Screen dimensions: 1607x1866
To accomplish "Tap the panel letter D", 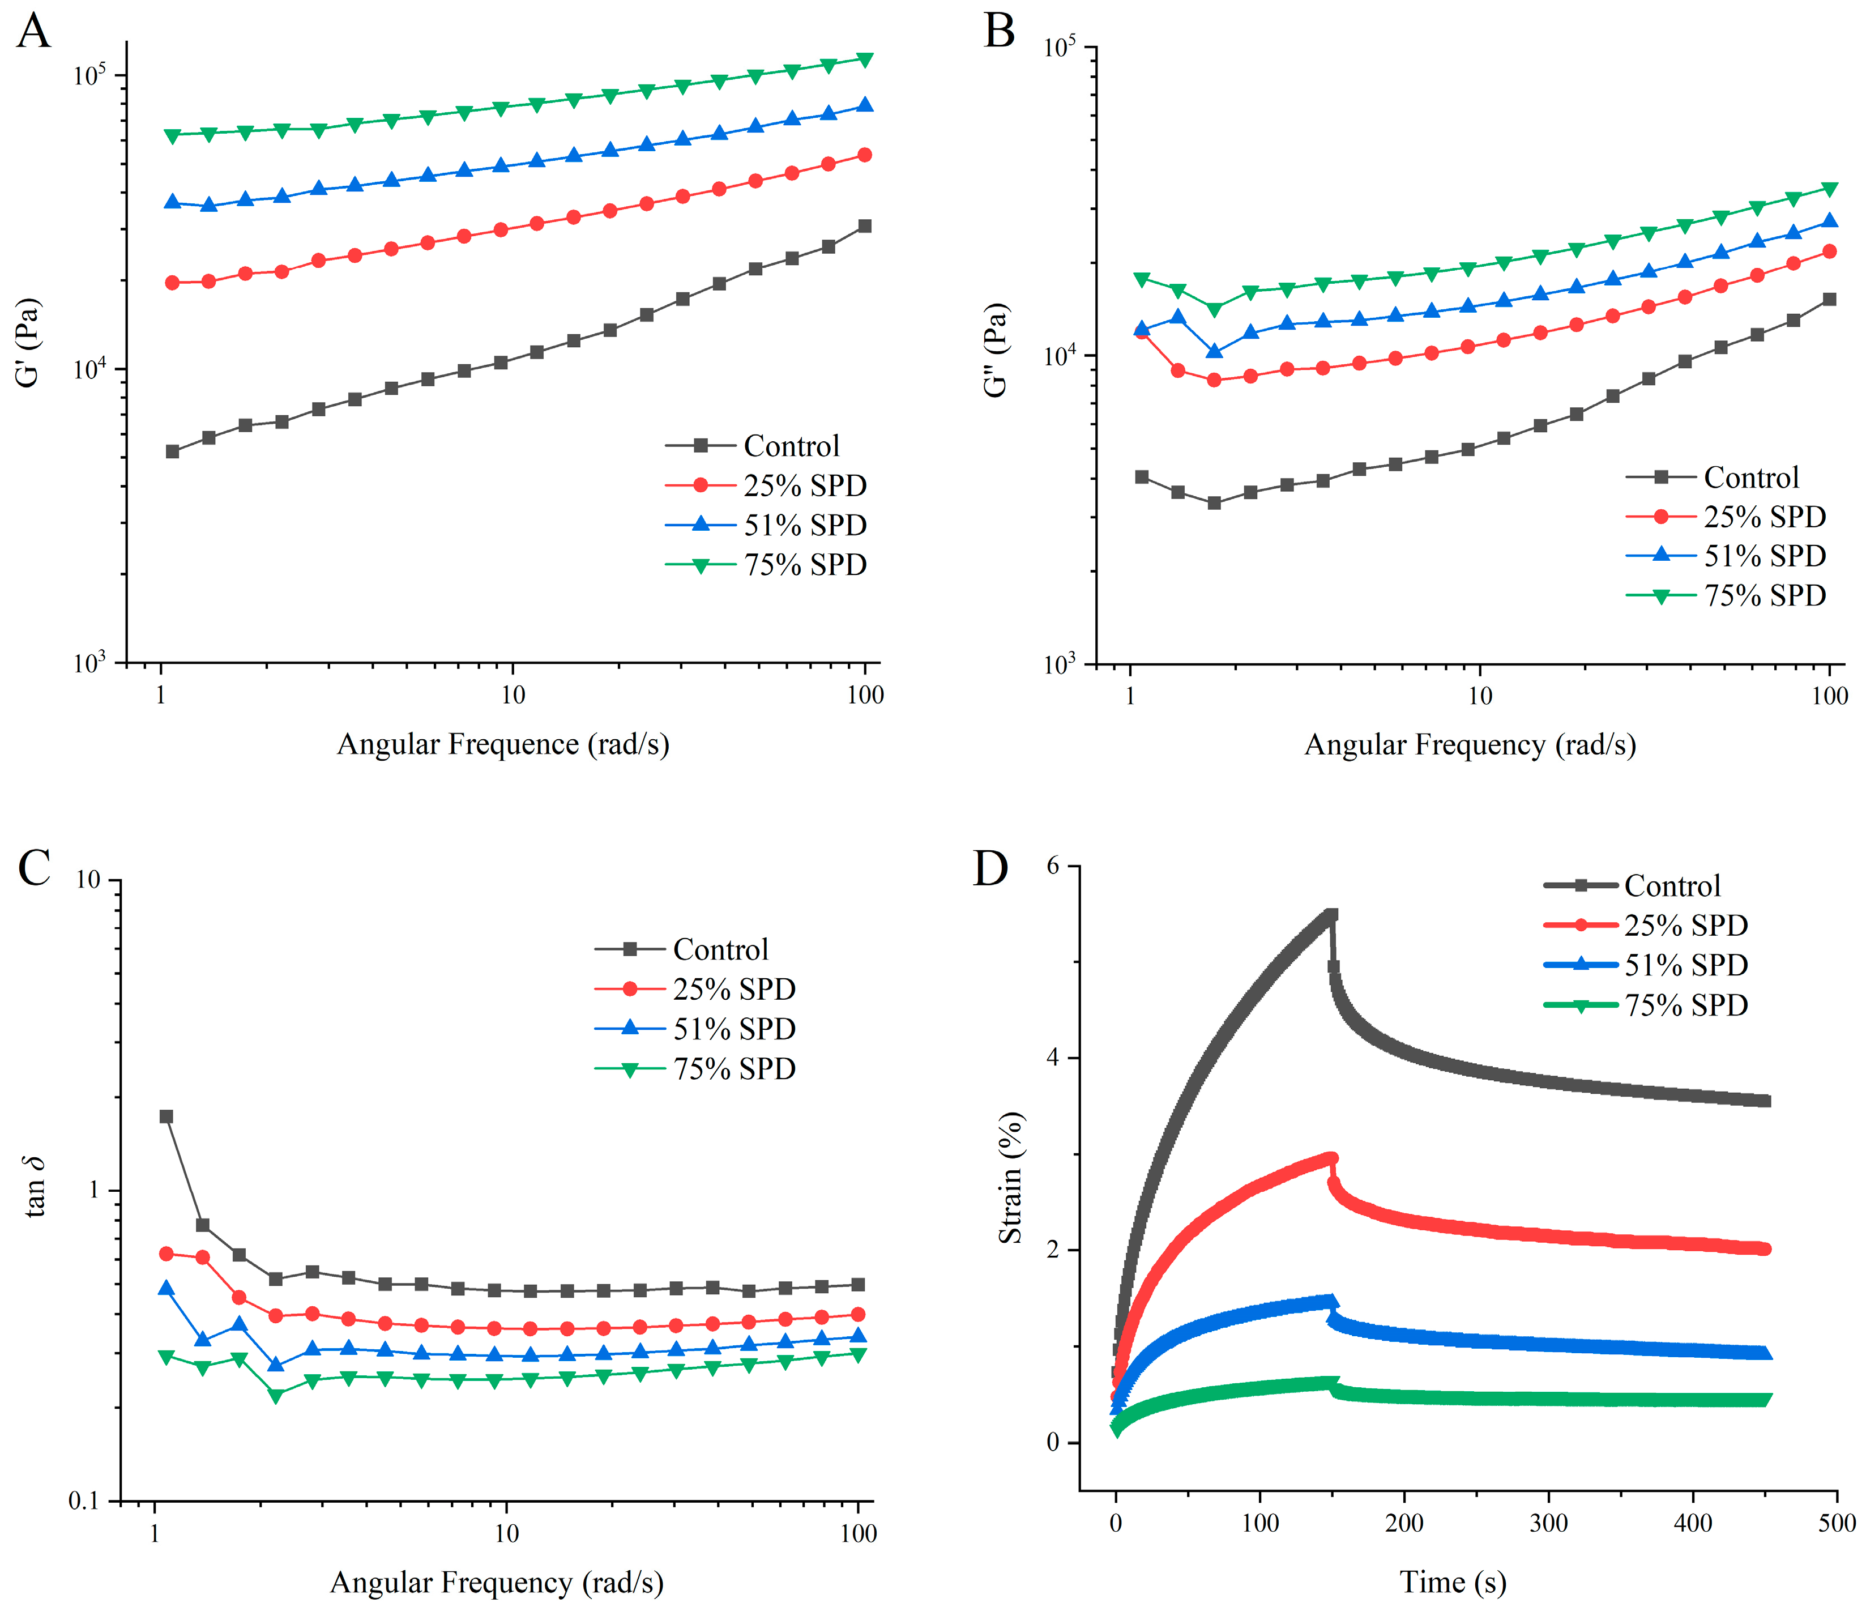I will click(990, 868).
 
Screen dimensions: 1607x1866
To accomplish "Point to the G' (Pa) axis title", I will click(29, 343).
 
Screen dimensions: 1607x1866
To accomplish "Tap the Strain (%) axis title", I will click(1010, 1178).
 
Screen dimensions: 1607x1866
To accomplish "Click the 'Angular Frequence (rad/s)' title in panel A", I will click(502, 744).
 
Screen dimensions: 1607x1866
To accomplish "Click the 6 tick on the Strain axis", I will click(1052, 866).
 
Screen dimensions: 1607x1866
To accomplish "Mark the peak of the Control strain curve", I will click(1331, 915).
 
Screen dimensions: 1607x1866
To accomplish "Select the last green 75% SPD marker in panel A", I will click(865, 59).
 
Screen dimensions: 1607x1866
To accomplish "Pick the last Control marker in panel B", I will click(1829, 299).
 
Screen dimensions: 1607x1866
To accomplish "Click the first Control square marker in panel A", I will click(172, 451).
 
